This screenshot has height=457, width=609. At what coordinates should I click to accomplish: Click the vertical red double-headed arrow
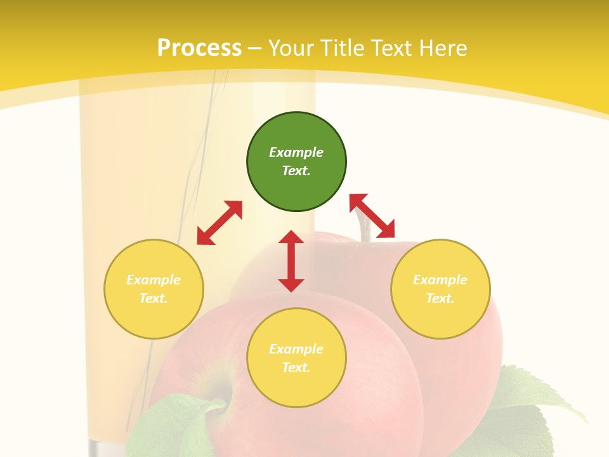pyautogui.click(x=291, y=261)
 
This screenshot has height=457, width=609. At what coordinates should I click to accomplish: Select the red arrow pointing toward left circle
pyautogui.click(x=219, y=223)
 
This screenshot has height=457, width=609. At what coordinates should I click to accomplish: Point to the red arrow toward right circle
pyautogui.click(x=372, y=216)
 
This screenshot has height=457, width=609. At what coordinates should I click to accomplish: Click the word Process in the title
pyautogui.click(x=199, y=48)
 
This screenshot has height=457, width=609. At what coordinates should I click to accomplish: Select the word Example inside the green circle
pyautogui.click(x=296, y=152)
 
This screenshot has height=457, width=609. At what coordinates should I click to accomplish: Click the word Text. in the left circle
pyautogui.click(x=154, y=298)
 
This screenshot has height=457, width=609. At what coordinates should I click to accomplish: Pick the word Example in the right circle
pyautogui.click(x=440, y=280)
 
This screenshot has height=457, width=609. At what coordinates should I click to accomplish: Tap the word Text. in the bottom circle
pyautogui.click(x=296, y=368)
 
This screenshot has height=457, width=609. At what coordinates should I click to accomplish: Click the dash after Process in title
pyautogui.click(x=255, y=48)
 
